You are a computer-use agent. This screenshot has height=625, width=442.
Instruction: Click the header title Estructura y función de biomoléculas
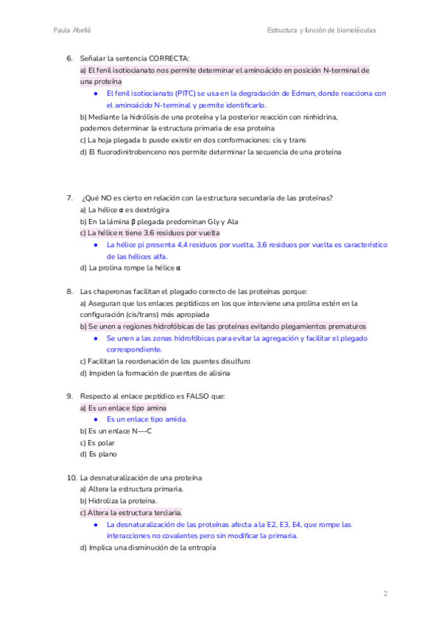(x=321, y=30)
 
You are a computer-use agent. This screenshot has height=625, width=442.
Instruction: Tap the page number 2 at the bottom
(x=385, y=593)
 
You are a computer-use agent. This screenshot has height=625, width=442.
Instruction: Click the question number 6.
(x=69, y=58)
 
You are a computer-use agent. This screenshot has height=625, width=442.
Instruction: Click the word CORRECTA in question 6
(x=168, y=58)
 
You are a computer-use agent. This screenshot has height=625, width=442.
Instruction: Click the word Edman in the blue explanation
(x=295, y=94)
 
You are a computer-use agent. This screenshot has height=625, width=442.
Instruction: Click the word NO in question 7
(x=115, y=198)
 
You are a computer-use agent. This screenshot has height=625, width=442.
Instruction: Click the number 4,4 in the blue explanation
(x=179, y=245)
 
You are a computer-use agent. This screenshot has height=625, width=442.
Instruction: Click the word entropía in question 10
(x=198, y=548)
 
